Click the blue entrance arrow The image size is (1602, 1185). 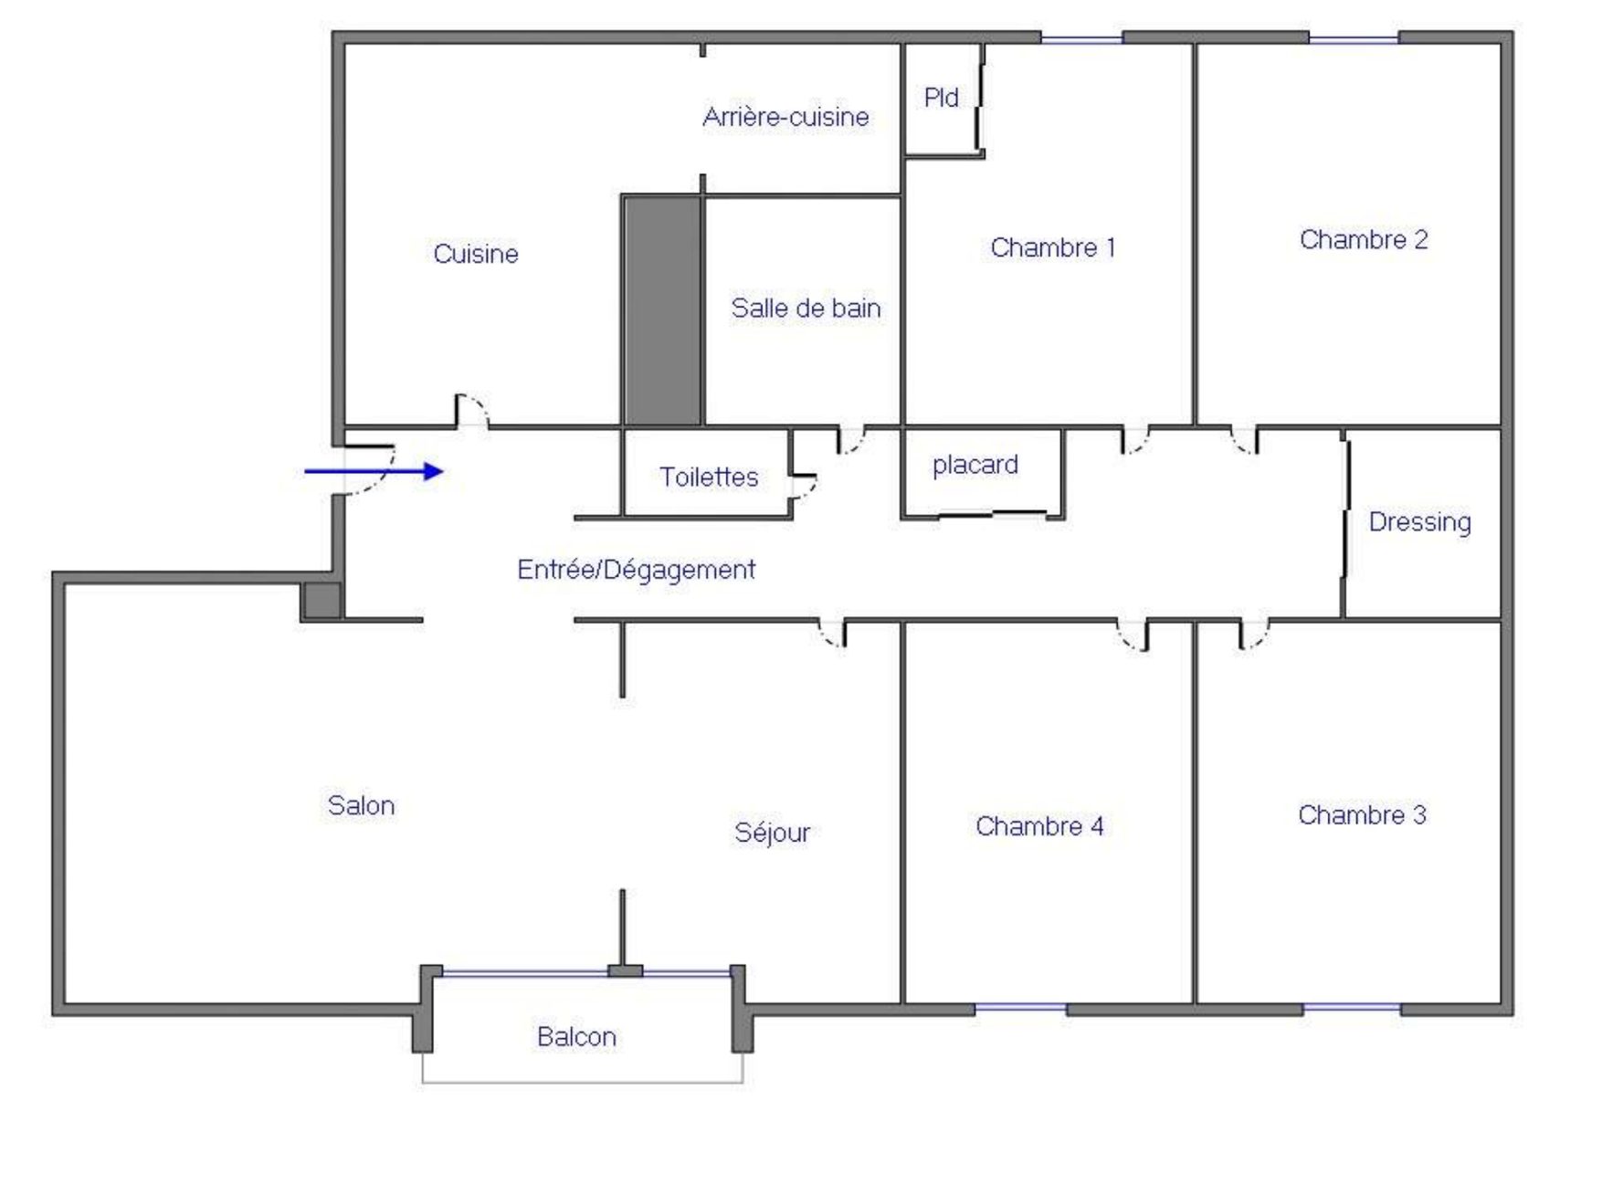click(x=374, y=471)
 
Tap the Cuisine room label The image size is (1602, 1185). click(x=476, y=254)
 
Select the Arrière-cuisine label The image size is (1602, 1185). click(x=785, y=117)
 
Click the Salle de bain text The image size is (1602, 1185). click(x=806, y=309)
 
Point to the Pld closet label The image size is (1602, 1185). click(x=941, y=98)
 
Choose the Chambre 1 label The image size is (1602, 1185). click(x=1053, y=247)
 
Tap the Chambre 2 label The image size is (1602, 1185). click(x=1364, y=240)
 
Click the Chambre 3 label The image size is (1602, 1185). click(x=1362, y=815)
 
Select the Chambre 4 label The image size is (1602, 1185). click(x=1039, y=827)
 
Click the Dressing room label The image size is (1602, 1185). click(x=1420, y=523)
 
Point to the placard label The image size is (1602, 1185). click(x=975, y=466)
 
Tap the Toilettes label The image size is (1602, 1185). click(x=709, y=477)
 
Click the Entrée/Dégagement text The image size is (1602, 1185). click(x=636, y=571)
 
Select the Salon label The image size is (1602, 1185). click(x=361, y=806)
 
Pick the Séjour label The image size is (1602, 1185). click(x=772, y=834)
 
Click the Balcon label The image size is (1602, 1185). click(x=576, y=1037)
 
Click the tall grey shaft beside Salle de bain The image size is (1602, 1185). click(x=662, y=310)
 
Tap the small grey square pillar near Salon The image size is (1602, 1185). click(x=321, y=602)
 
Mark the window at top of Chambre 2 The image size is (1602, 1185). click(x=1354, y=38)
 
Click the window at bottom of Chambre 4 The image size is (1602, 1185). click(x=1020, y=1009)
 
